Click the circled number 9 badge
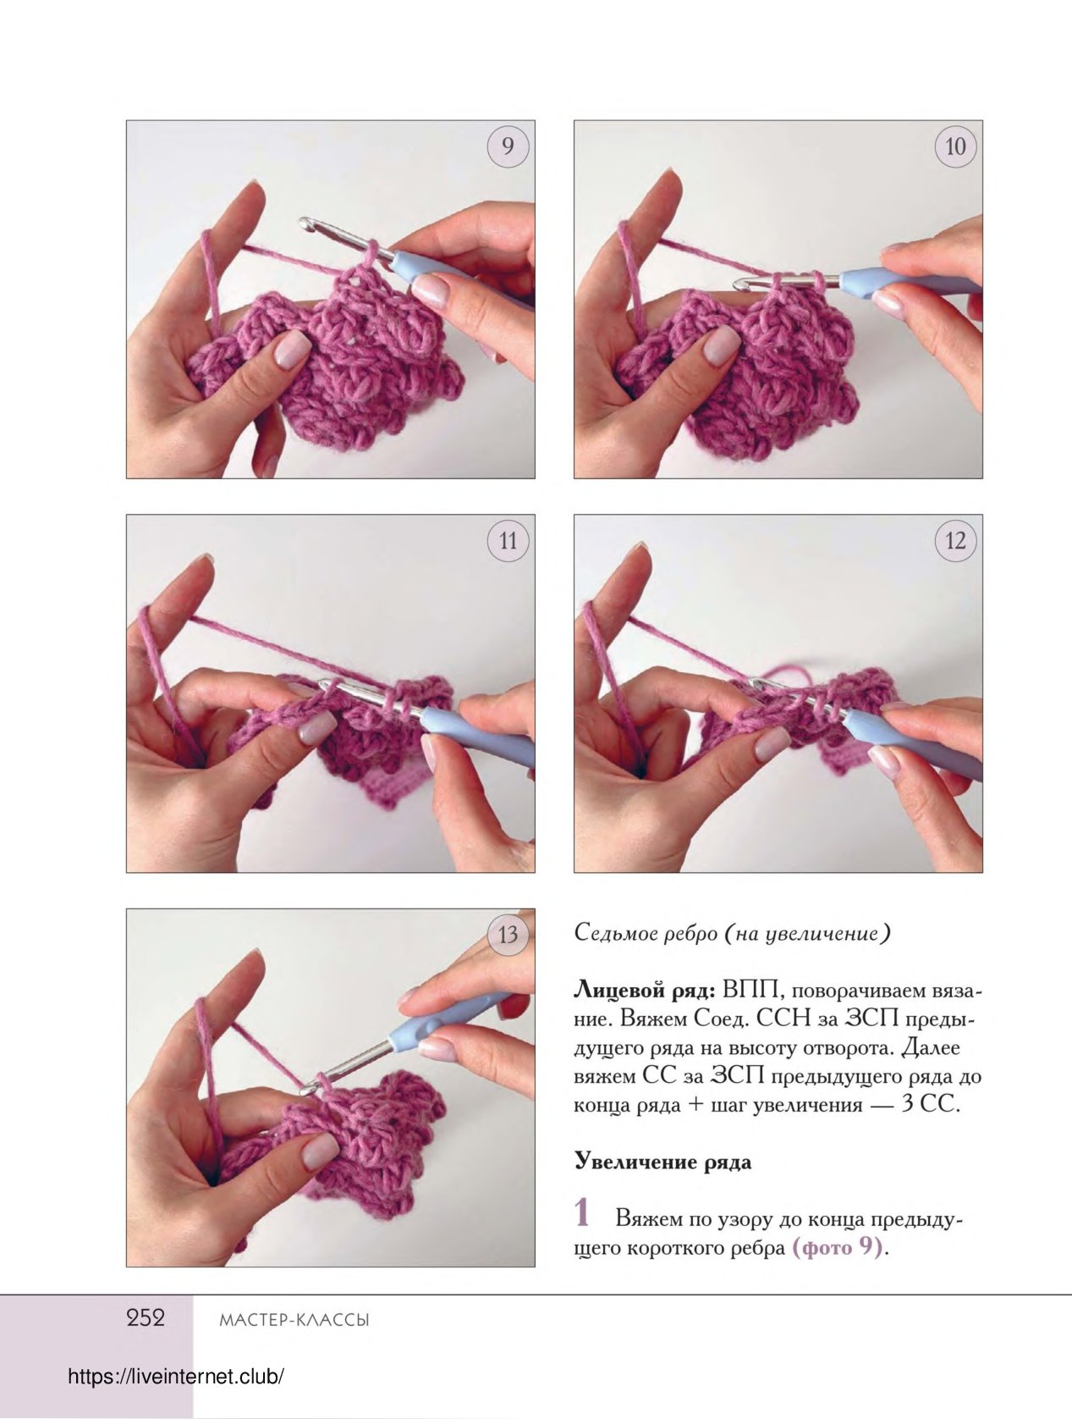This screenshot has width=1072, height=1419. coord(508,146)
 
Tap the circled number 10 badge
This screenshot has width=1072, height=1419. coord(955,146)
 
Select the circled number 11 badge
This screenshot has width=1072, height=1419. coord(508,540)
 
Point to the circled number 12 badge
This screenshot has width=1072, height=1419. coord(955,540)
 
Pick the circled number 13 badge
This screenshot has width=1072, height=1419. coord(508,935)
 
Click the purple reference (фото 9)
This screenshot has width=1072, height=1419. coord(837,1247)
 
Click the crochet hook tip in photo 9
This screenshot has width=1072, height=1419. coord(304,223)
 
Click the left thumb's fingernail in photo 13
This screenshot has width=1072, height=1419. coord(321,1152)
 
